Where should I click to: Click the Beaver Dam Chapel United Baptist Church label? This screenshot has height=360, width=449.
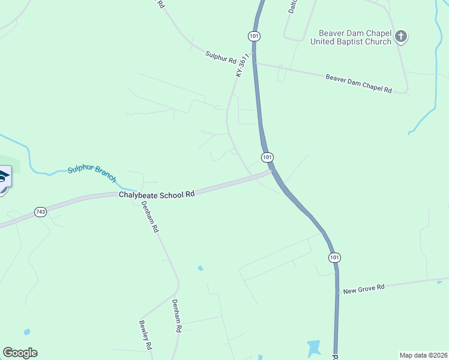[351, 37]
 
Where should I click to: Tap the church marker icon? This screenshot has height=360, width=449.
[401, 37]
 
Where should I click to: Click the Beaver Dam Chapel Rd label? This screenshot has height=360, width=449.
[358, 83]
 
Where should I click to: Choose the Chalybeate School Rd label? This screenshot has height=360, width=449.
[157, 194]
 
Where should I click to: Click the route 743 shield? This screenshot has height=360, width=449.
[40, 212]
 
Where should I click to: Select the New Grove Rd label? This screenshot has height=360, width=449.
[363, 289]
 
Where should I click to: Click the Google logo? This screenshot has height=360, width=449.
[20, 353]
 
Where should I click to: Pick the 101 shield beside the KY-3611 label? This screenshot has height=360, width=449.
[255, 36]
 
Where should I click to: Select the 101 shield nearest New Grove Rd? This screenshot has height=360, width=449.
[334, 257]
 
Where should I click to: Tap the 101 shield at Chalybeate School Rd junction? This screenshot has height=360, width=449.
[268, 157]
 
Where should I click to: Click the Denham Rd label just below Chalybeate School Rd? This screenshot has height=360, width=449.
[149, 217]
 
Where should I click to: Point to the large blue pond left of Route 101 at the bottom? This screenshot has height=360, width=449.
[313, 347]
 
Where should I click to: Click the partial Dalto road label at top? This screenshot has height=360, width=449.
[293, 6]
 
